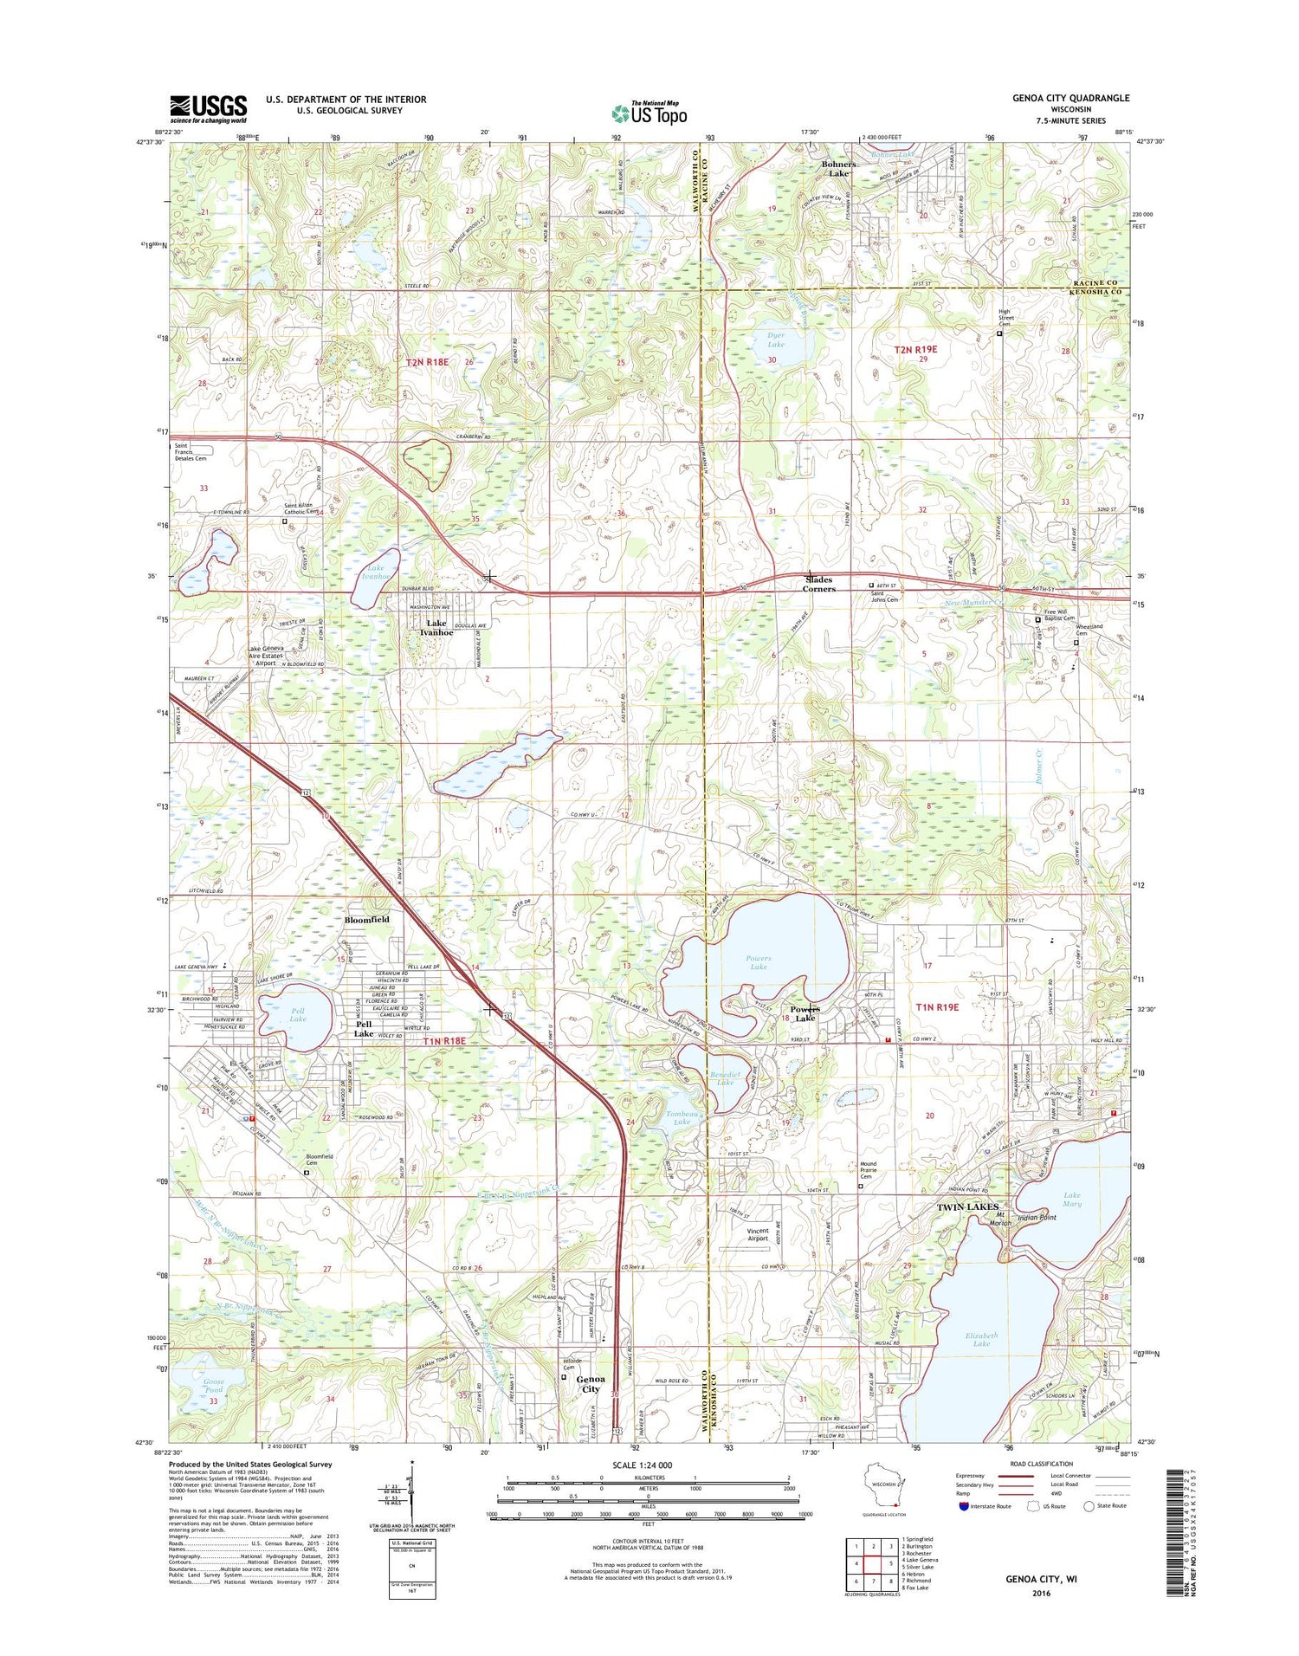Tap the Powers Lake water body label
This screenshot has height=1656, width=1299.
(758, 962)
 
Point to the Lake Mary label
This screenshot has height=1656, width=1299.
(1071, 1200)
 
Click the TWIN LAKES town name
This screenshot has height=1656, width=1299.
(967, 1206)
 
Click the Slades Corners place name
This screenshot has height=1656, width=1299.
(818, 585)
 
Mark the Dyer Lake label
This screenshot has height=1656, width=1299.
(775, 340)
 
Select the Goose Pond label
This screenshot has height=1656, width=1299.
(213, 1386)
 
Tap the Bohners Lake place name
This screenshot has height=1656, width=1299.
(838, 169)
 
